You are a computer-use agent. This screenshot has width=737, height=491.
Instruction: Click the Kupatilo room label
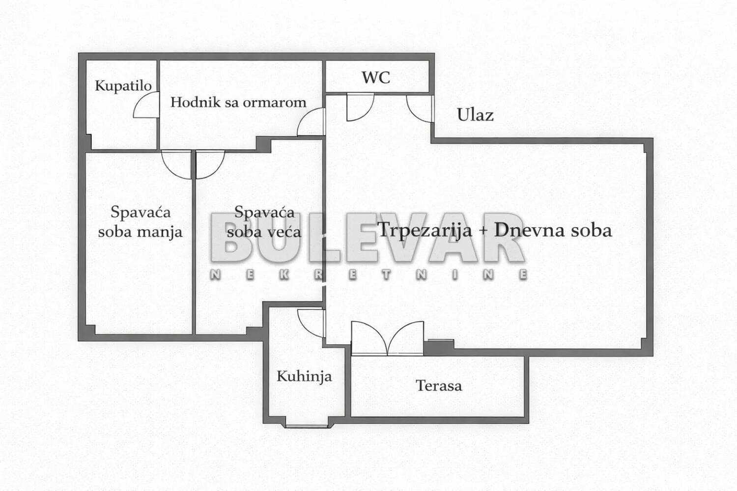(x=123, y=86)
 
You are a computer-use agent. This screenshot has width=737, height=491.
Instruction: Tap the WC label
(x=376, y=78)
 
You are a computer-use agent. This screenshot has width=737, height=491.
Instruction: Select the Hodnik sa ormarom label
(x=238, y=102)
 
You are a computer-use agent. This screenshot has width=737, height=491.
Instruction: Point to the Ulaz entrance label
(x=475, y=115)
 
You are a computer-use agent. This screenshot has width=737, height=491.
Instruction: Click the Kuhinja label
(x=304, y=377)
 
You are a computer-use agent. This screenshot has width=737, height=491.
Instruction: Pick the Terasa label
(x=439, y=385)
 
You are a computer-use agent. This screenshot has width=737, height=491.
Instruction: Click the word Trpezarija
(x=425, y=231)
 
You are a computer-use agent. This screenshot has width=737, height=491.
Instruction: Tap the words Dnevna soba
(x=553, y=230)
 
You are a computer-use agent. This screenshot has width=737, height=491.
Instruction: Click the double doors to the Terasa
(x=387, y=339)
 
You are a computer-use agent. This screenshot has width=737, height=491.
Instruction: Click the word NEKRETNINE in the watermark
(x=369, y=275)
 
